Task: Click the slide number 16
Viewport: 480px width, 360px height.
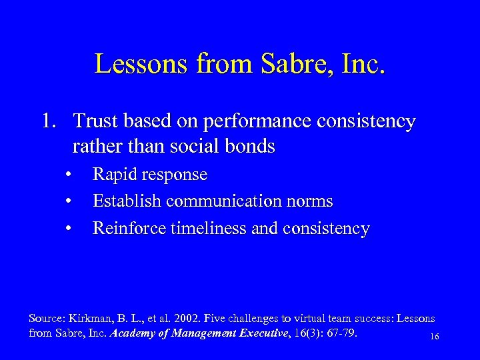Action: point(434,337)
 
